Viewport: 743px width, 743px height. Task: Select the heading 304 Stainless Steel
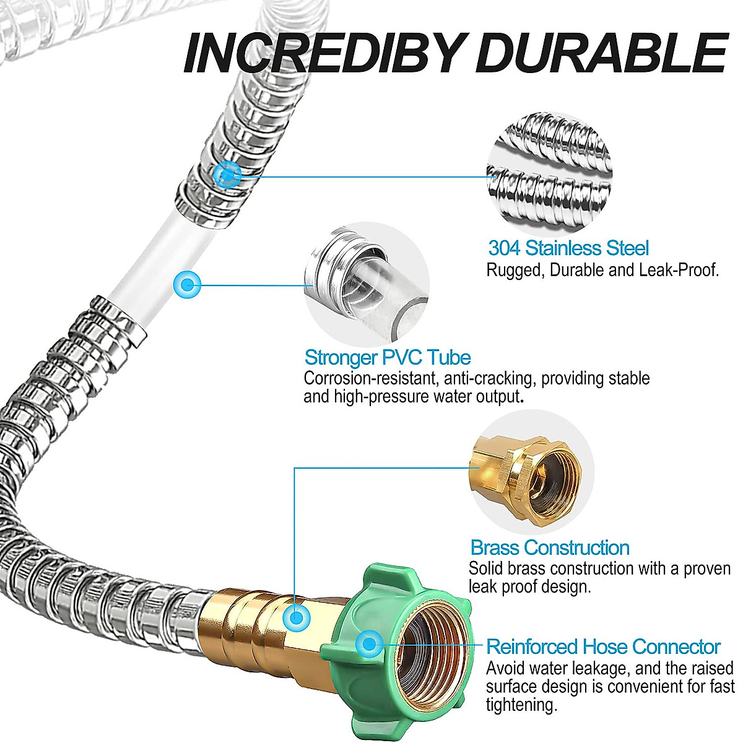[x=568, y=248]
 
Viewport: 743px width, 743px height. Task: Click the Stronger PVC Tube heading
[x=388, y=357]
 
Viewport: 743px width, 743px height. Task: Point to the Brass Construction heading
[x=550, y=547]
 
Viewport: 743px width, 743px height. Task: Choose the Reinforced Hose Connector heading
[x=603, y=647]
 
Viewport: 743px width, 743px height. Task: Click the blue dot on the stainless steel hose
[x=227, y=175]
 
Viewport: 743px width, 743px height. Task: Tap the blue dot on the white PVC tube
[x=186, y=285]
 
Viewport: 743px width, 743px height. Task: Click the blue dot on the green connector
[x=370, y=644]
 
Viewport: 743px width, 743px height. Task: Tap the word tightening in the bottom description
[x=521, y=704]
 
